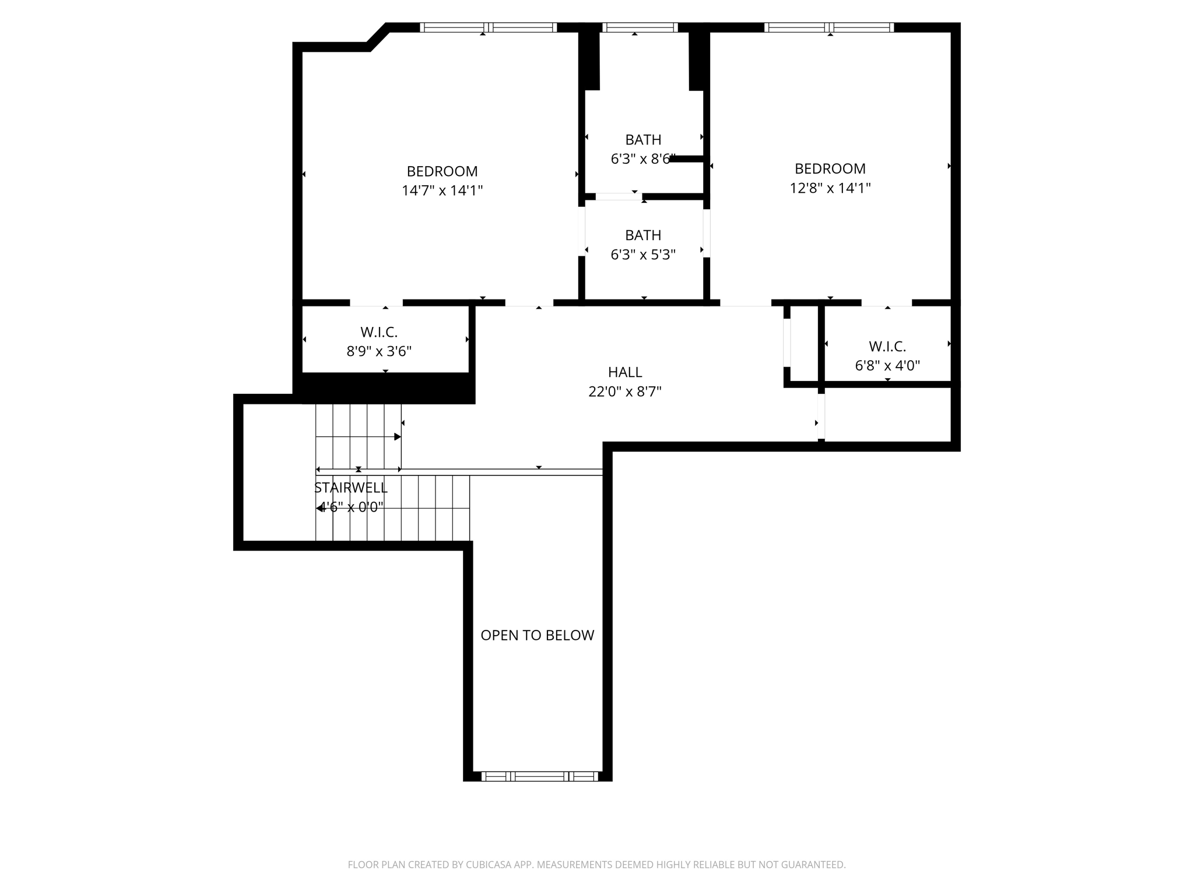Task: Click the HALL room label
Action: point(625,372)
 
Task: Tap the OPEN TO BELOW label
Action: point(537,635)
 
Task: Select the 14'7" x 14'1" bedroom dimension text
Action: point(443,191)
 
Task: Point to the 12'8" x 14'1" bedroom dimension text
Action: point(830,188)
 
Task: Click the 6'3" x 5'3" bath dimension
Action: point(643,255)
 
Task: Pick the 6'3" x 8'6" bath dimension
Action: point(643,159)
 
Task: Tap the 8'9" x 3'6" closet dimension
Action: point(379,351)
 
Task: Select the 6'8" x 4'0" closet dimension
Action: point(887,365)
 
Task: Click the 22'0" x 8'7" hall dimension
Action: point(625,392)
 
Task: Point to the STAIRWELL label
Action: point(350,488)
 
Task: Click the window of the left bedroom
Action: point(488,27)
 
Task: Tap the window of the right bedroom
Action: point(828,27)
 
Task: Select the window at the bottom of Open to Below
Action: point(540,776)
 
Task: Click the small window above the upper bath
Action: point(640,27)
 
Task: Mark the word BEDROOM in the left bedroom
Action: point(443,171)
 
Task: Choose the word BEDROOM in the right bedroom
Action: point(830,168)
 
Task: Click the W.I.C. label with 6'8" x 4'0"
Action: point(887,346)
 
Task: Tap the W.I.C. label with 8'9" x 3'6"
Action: point(379,332)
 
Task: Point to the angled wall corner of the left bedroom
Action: point(377,37)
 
